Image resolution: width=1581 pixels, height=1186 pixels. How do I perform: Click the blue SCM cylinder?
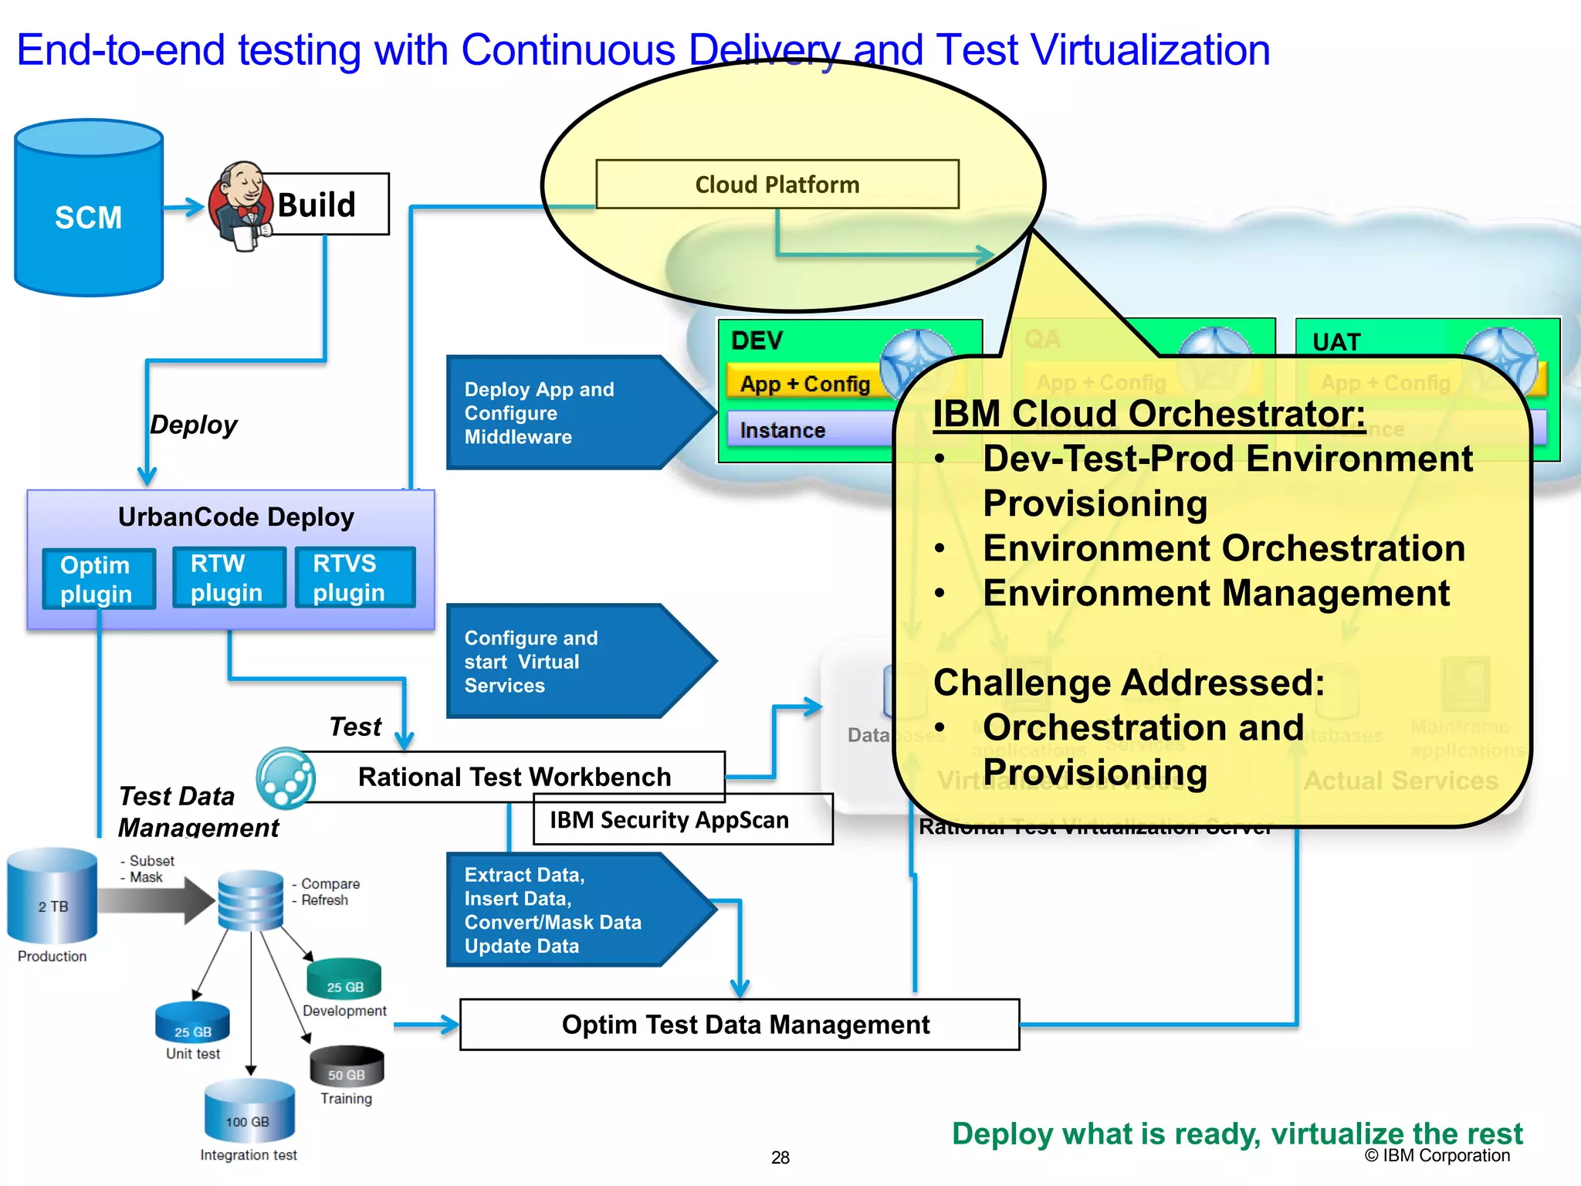click(89, 208)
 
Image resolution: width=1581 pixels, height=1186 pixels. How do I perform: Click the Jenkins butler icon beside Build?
click(241, 205)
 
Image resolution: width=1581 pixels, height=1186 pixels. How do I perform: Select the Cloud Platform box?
click(777, 185)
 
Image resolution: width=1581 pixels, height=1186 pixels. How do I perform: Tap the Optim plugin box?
click(98, 579)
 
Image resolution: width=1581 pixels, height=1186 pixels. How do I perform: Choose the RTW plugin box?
click(229, 578)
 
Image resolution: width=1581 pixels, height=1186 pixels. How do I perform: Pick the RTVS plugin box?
click(354, 578)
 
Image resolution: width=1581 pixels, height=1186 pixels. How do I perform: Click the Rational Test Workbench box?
click(514, 777)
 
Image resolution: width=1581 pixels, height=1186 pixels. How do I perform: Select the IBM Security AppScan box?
click(682, 820)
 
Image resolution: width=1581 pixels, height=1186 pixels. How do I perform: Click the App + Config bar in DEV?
click(804, 384)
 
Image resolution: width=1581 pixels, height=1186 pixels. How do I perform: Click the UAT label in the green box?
click(1336, 342)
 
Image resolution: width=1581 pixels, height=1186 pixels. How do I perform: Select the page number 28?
click(780, 1157)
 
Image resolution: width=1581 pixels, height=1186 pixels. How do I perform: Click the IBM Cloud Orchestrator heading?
click(1148, 413)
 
